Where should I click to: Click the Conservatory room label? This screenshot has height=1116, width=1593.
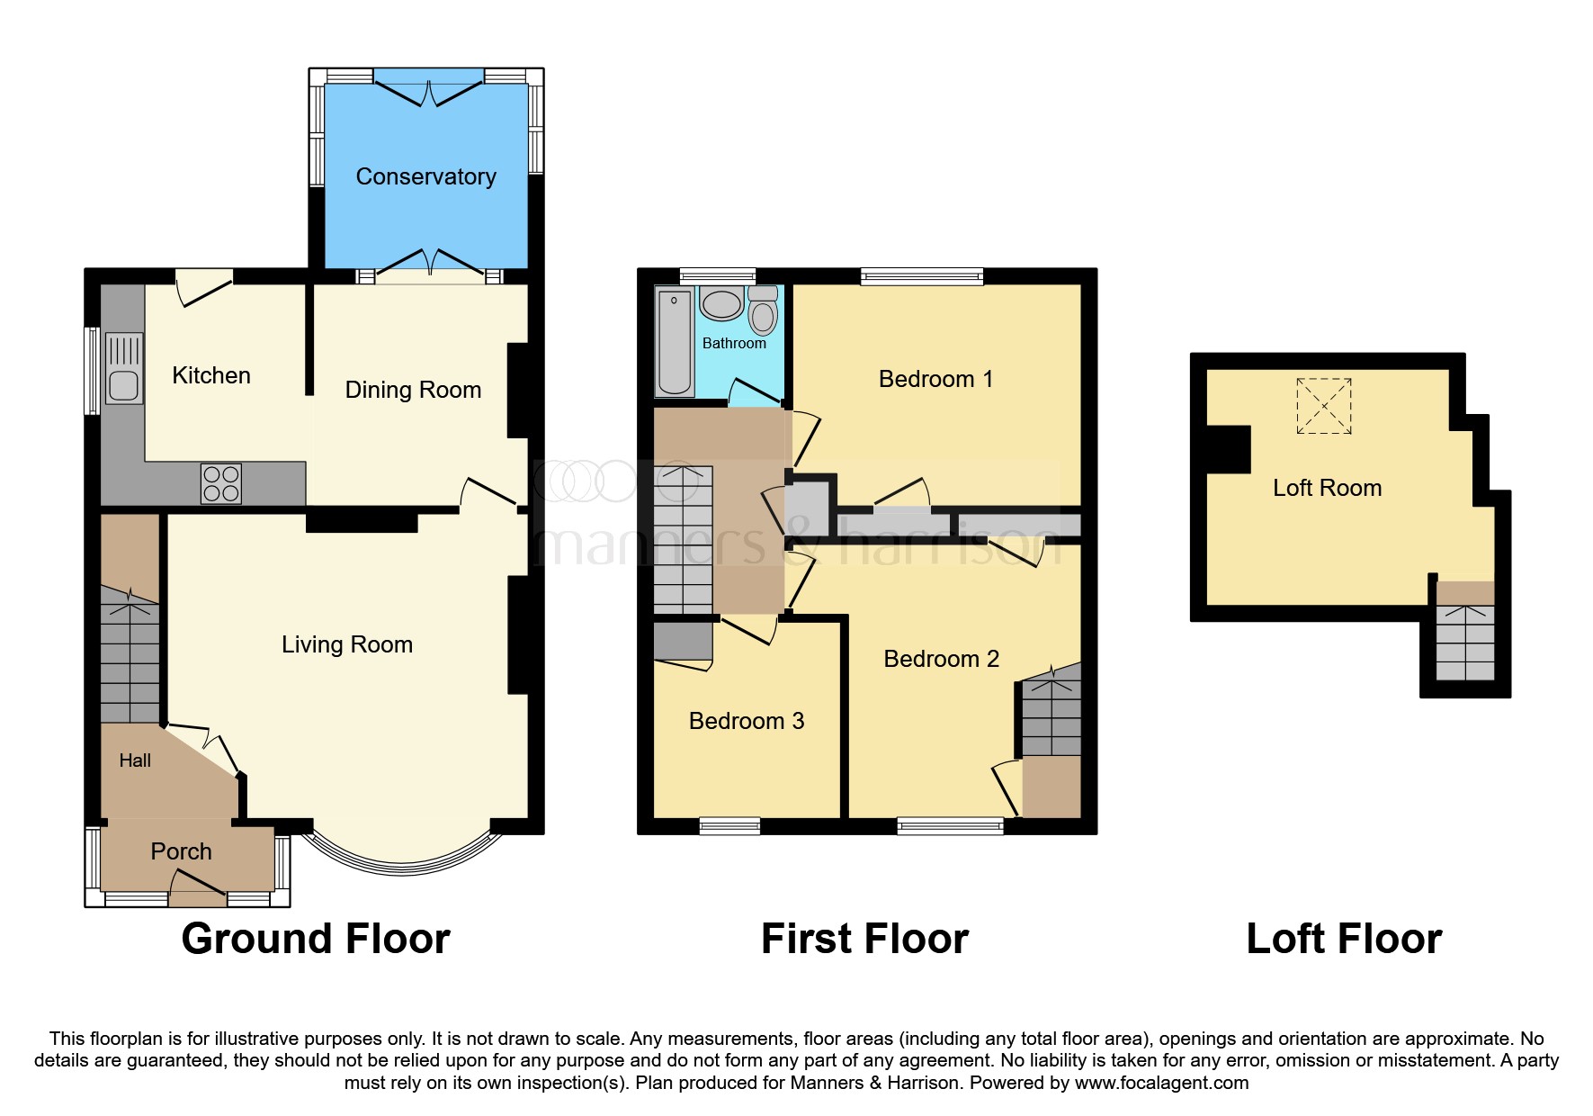click(x=425, y=176)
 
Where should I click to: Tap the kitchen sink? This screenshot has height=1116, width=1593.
click(x=123, y=367)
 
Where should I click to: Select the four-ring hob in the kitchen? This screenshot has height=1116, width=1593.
click(x=221, y=483)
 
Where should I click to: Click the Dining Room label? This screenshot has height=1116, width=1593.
click(x=413, y=390)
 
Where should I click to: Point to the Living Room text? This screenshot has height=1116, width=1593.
click(x=346, y=644)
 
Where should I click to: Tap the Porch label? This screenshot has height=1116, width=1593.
click(x=181, y=851)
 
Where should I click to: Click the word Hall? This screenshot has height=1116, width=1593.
click(x=135, y=760)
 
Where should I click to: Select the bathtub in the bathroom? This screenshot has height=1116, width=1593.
click(x=674, y=342)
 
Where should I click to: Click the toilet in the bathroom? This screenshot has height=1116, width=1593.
click(x=763, y=310)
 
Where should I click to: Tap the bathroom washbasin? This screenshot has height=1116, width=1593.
click(x=721, y=304)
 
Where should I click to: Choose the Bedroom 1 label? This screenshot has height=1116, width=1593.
click(x=935, y=379)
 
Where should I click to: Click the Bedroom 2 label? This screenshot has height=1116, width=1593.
click(x=941, y=659)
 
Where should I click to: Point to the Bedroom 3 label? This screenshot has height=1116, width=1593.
click(x=746, y=721)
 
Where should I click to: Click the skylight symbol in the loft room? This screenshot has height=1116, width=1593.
click(x=1323, y=406)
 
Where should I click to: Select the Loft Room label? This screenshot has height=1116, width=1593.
click(x=1327, y=488)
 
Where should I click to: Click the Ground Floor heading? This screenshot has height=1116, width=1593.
click(x=315, y=939)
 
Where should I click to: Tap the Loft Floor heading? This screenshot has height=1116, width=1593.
click(x=1343, y=939)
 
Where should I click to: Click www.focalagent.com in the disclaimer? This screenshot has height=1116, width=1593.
click(x=1161, y=1083)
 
